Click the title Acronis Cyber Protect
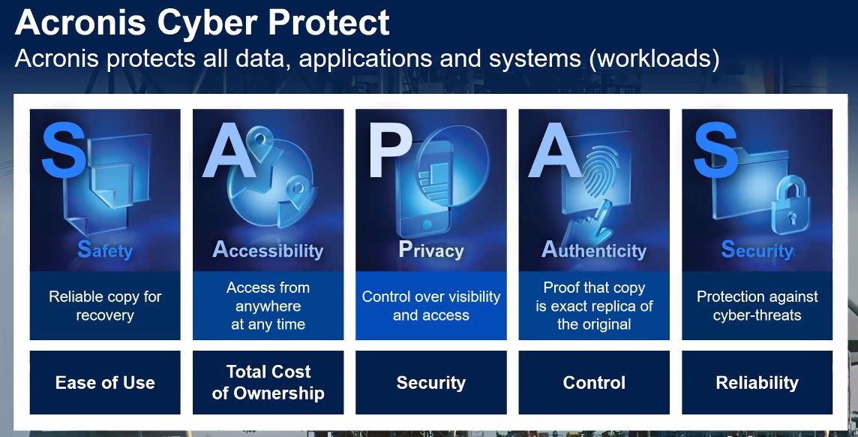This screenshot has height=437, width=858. (x=202, y=23)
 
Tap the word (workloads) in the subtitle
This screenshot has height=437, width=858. (x=655, y=59)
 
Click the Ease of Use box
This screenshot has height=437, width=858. (x=105, y=382)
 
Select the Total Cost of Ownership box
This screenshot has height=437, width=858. (x=268, y=382)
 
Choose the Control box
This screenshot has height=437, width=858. (x=594, y=382)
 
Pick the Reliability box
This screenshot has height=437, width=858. (x=757, y=382)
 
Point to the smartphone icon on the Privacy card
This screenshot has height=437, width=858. (x=424, y=189)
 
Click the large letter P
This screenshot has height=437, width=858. (x=390, y=150)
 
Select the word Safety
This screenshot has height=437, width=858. (x=105, y=250)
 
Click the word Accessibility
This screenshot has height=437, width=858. (x=268, y=250)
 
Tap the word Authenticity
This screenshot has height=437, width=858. (x=594, y=250)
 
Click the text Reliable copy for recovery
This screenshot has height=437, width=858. (x=105, y=306)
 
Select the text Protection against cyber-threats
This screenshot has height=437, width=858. (x=757, y=306)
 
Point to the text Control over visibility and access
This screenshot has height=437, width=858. (x=431, y=306)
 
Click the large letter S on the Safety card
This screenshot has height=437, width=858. (x=64, y=150)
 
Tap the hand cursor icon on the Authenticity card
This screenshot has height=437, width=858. (x=588, y=224)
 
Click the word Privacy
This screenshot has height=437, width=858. (x=431, y=250)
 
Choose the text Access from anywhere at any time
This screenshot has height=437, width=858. (x=268, y=306)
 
